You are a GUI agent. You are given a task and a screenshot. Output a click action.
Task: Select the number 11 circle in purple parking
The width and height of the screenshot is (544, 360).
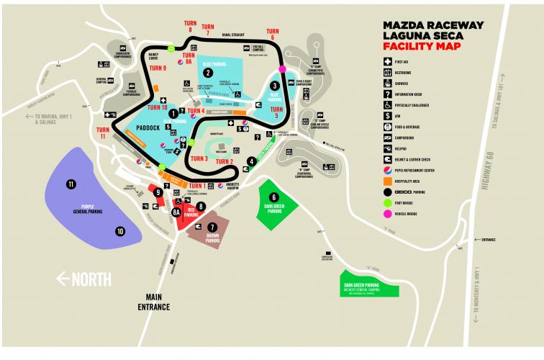coord(71,184)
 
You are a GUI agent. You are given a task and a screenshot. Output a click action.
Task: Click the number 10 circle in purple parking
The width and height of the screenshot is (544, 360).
coord(120,231)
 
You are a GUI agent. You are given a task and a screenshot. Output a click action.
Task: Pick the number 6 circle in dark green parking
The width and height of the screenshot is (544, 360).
coord(273,197)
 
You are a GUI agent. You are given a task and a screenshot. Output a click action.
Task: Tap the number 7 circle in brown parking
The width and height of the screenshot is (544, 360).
coord(212,227)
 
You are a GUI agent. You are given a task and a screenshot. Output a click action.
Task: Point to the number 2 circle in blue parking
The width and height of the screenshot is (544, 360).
coord(207,72)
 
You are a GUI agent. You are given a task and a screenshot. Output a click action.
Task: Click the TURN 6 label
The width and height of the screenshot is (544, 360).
coord(273,35)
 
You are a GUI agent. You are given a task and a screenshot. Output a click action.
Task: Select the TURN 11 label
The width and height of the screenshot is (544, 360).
coord(103,134)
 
